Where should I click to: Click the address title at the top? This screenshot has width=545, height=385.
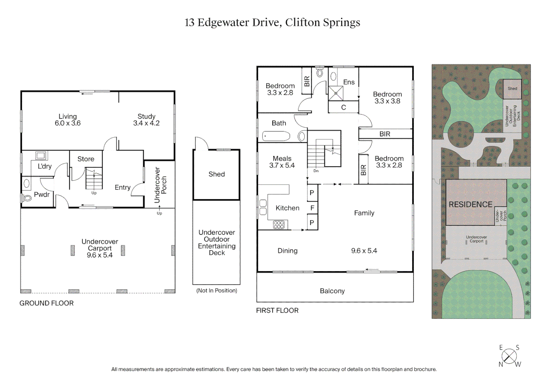(x=272, y=22)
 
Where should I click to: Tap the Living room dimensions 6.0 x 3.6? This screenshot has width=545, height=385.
(x=68, y=123)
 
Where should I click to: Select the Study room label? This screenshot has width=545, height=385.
(x=146, y=116)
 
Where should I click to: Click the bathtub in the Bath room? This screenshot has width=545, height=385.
(x=276, y=136)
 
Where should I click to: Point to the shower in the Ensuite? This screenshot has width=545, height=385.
(x=336, y=93)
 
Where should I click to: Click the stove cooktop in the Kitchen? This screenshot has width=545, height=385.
(x=279, y=225)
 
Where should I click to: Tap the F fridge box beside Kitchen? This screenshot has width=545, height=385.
(x=312, y=208)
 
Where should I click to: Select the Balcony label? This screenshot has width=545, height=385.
(x=332, y=291)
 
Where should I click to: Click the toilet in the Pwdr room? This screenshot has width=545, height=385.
(x=27, y=197)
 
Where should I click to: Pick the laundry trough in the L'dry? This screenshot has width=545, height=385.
(x=41, y=155)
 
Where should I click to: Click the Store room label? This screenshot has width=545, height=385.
(x=86, y=159)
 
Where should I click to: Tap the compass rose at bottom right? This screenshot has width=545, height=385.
(x=509, y=356)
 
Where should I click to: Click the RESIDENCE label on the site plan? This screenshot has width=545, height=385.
(x=470, y=204)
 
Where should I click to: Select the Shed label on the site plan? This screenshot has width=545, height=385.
(x=512, y=88)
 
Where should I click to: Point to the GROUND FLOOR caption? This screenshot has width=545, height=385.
(x=46, y=303)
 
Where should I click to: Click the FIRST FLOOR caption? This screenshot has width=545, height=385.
(x=277, y=310)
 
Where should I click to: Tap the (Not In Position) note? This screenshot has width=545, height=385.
(x=217, y=291)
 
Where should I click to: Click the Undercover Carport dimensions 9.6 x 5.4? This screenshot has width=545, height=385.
(x=100, y=255)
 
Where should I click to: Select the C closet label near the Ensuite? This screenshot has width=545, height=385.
(x=343, y=107)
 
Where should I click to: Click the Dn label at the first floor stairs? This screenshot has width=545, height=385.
(x=316, y=171)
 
